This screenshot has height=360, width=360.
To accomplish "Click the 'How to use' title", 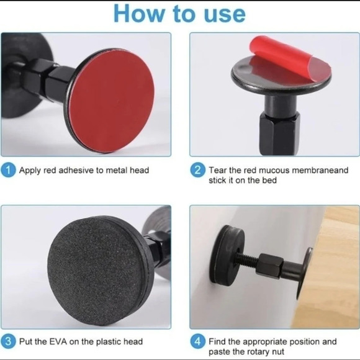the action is (x=179, y=14).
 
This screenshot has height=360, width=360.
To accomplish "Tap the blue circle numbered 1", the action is (x=9, y=170).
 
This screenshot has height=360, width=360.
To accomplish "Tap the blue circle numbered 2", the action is (x=197, y=170).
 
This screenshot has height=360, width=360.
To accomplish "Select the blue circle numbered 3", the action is (x=8, y=341).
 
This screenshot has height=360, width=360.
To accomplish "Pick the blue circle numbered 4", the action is (x=197, y=341).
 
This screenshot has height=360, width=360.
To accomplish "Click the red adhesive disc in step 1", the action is (x=112, y=101).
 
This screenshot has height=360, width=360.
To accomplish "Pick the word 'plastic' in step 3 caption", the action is (x=108, y=341).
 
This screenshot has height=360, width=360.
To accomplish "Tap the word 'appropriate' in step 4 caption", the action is (x=264, y=342).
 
